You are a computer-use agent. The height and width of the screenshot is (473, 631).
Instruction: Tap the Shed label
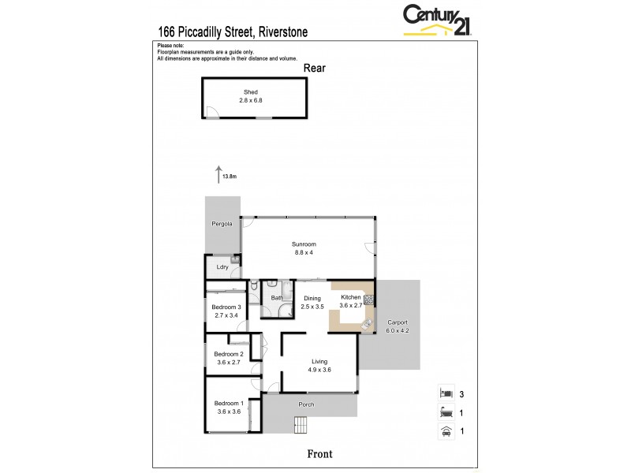pyautogui.click(x=250, y=92)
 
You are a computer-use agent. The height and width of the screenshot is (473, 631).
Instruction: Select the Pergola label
pyautogui.click(x=222, y=225)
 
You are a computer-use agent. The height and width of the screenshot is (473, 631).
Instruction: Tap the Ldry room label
pyautogui.click(x=222, y=268)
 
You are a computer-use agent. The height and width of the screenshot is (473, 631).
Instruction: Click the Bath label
pyautogui.click(x=277, y=298)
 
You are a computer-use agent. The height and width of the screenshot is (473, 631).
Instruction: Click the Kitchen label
pyautogui.click(x=349, y=297)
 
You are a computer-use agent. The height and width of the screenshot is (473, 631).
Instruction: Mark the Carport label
pyautogui.click(x=398, y=322)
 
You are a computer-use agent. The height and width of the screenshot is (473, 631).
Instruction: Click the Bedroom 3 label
pyautogui.click(x=226, y=307)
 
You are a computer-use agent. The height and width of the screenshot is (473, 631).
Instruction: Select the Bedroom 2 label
pyautogui.click(x=226, y=355)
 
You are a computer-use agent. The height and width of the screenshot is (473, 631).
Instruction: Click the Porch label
pyautogui.click(x=306, y=404)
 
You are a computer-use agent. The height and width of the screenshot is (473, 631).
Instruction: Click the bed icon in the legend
pyautogui.click(x=446, y=392)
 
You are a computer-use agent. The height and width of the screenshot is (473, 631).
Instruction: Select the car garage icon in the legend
pyautogui.click(x=446, y=431)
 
